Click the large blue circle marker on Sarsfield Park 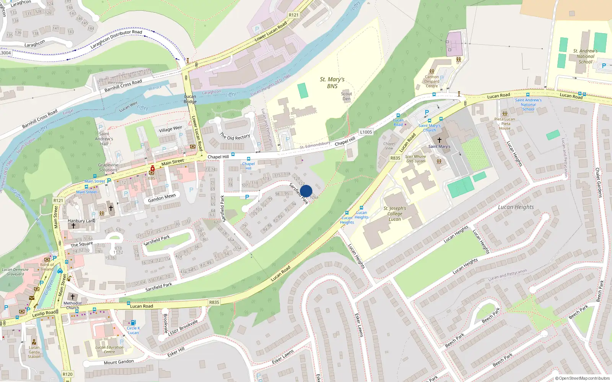pyautogui.click(x=306, y=191)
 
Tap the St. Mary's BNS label pyautogui.click(x=332, y=83)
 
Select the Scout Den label pyautogui.click(x=347, y=96)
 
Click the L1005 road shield pyautogui.click(x=366, y=132)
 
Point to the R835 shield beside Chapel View pyautogui.click(x=396, y=158)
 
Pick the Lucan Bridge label pyautogui.click(x=190, y=99)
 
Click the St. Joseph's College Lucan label pyautogui.click(x=395, y=214)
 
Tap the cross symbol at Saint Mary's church pyautogui.click(x=439, y=140)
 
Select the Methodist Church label pyautogui.click(x=73, y=305)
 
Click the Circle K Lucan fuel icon pyautogui.click(x=133, y=322)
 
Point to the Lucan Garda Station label pyautogui.click(x=34, y=352)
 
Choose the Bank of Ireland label pyautogui.click(x=47, y=267)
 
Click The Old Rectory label pyautogui.click(x=235, y=136)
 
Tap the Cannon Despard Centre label pyautogui.click(x=432, y=81)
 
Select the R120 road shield pyautogui.click(x=67, y=374)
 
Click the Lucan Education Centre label pyautogui.click(x=109, y=350)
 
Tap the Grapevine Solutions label pyautogui.click(x=108, y=167)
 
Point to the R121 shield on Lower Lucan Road pyautogui.click(x=294, y=15)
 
